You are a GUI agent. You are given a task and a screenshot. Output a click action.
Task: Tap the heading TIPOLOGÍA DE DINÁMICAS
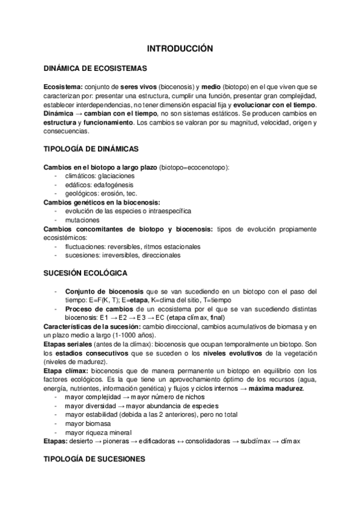[91, 149]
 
